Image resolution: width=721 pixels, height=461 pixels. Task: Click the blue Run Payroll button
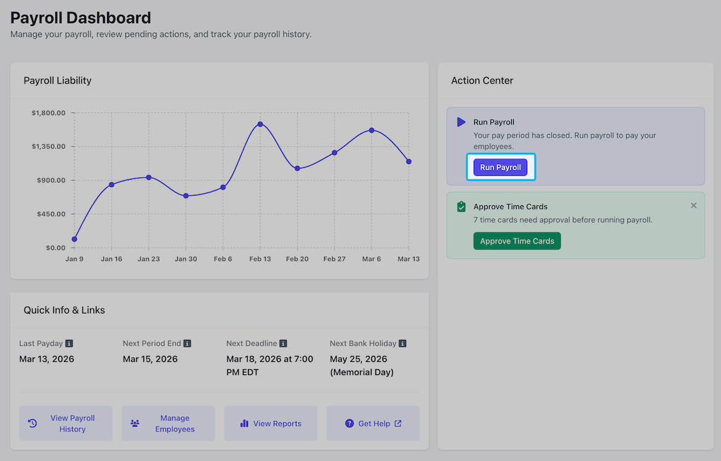coord(500,167)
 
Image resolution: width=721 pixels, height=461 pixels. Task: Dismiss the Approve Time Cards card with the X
coord(693,205)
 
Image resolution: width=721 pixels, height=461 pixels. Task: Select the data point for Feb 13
coord(260,124)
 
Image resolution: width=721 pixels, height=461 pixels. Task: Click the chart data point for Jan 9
coord(74,239)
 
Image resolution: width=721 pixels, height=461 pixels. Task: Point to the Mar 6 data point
coord(372,130)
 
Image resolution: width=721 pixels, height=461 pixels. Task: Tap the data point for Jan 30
coord(186,196)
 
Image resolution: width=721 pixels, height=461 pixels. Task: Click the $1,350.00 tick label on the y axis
coord(48,147)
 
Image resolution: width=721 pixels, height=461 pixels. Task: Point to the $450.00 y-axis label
coord(51,214)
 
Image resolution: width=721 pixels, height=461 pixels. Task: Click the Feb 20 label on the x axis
coord(297,259)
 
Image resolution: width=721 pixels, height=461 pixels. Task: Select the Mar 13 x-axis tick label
coord(408,259)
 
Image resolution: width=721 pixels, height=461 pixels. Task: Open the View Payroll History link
coord(66,424)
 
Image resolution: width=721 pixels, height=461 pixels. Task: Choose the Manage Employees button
coord(169,424)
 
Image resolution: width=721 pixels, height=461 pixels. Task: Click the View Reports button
coord(271,424)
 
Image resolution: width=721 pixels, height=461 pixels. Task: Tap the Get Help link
coord(373,424)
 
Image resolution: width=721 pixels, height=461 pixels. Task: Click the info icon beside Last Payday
coord(69,344)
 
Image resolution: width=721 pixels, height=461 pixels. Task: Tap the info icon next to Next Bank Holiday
coord(402,344)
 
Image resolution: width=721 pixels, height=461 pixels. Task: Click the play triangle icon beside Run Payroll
coord(461,122)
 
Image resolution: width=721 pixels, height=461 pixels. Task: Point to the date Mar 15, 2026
coord(150,359)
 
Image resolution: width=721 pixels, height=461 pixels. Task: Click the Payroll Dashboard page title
coord(81,18)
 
